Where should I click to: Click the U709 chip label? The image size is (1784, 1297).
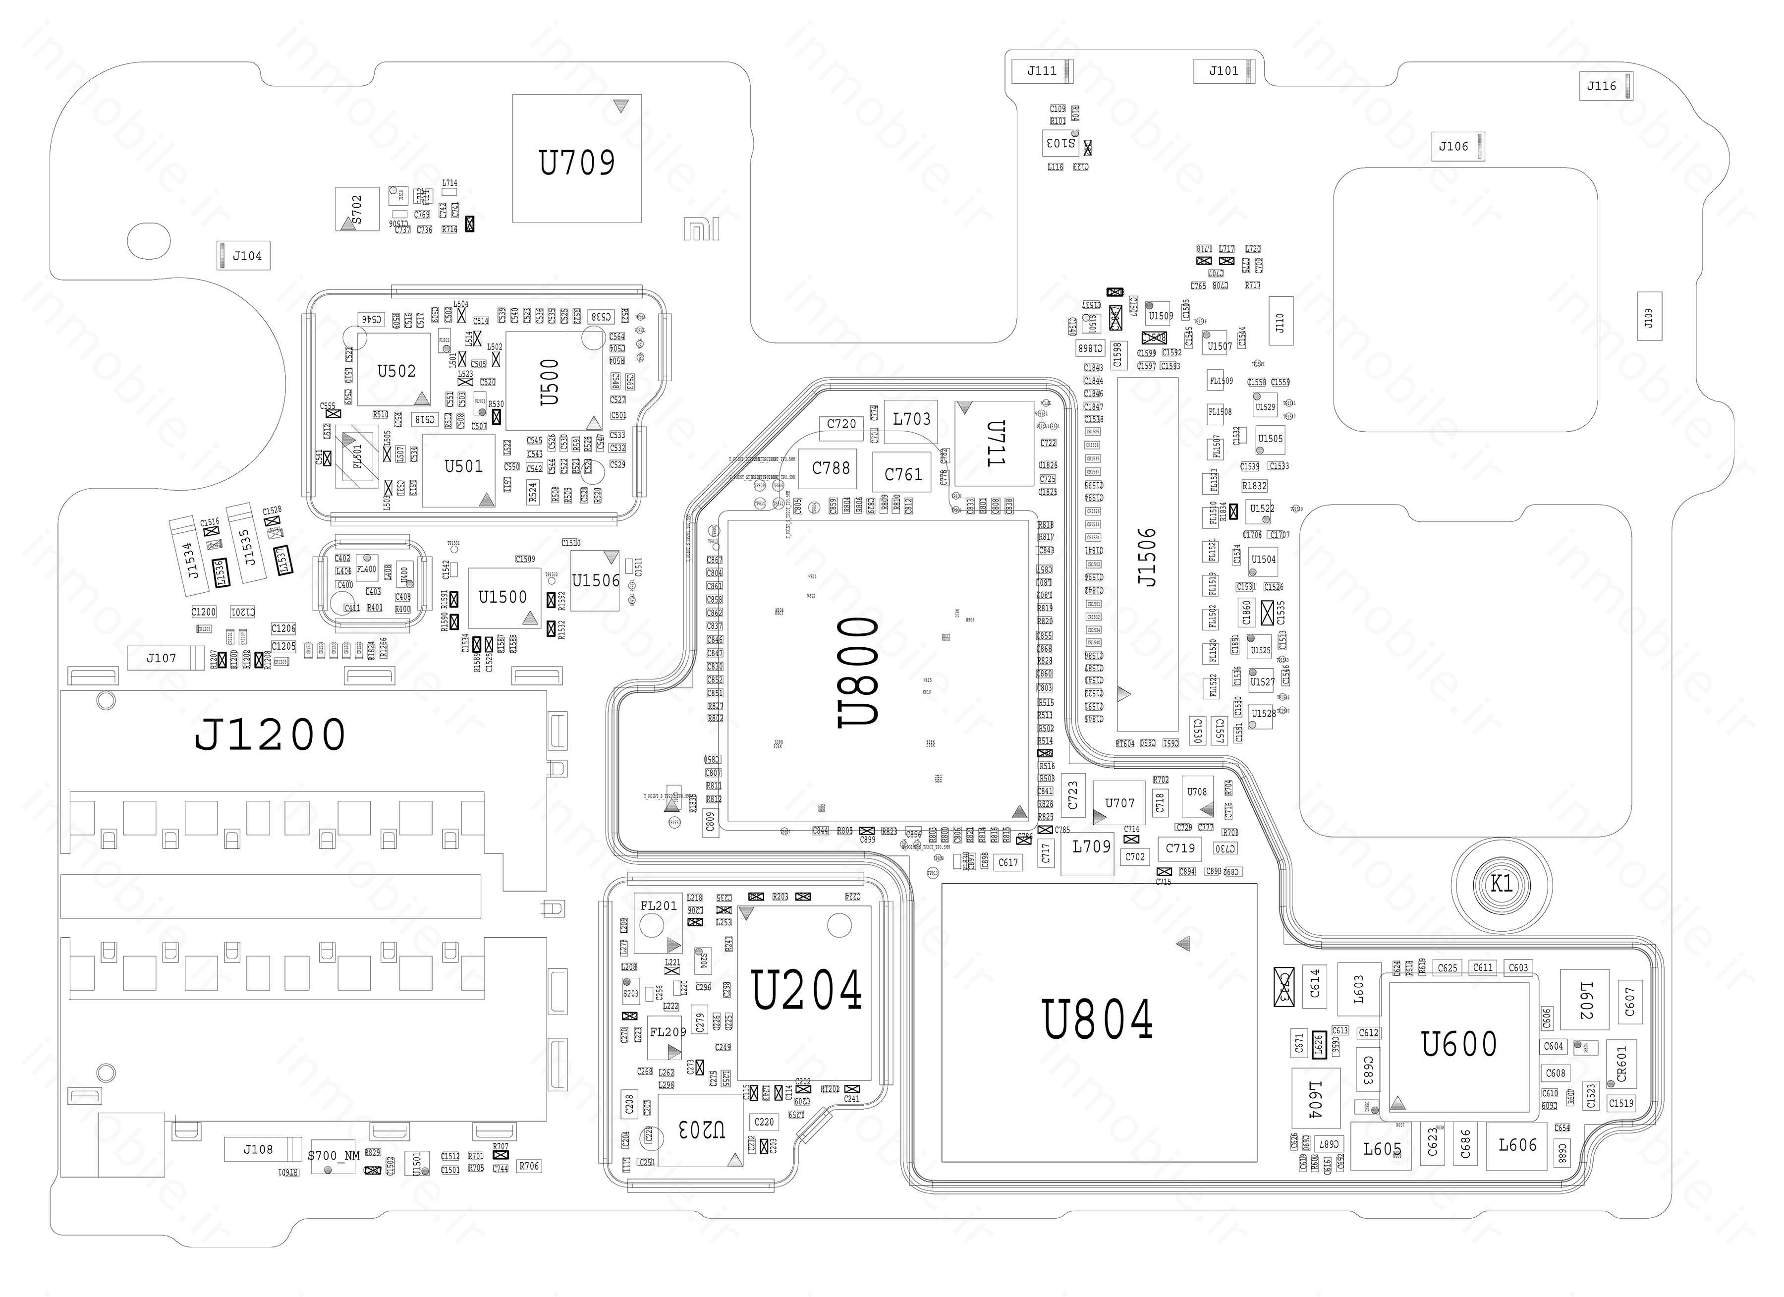coord(576,163)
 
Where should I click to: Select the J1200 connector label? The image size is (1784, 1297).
coord(270,734)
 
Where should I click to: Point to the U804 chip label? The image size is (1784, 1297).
coord(1098,1020)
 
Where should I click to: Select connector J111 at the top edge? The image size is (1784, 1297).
coord(1042,71)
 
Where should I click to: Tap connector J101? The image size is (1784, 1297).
coord(1223,71)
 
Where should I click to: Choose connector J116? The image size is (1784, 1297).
coord(1602,87)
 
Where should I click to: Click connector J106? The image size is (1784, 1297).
coord(1453,146)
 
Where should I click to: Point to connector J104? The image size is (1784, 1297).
coord(247,256)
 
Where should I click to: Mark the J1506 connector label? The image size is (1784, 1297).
coord(1148,557)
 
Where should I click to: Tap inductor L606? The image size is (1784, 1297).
coord(1517,1145)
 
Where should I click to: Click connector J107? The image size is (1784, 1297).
coord(161,658)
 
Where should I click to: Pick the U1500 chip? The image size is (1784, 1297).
coord(502,597)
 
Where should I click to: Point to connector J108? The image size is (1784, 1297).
coord(258,1149)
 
